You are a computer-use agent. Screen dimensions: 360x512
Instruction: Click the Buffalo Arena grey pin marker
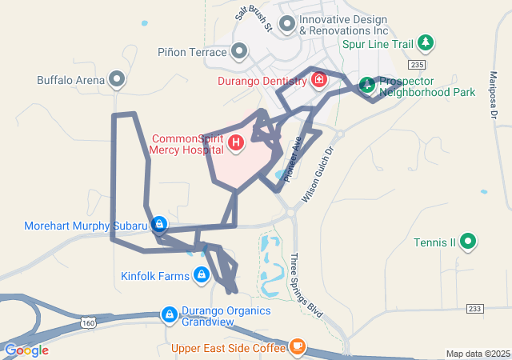tap(118, 78)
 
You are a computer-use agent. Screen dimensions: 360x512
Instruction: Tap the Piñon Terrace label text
tap(192, 52)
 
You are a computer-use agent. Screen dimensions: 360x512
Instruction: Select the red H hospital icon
tap(237, 142)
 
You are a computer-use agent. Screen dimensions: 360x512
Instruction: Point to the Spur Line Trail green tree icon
tap(426, 42)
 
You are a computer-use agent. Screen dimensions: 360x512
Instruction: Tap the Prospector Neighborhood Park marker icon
tap(366, 84)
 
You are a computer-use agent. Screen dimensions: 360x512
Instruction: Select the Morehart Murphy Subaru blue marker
tap(158, 224)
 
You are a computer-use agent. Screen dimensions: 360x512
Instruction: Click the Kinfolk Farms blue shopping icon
tap(201, 276)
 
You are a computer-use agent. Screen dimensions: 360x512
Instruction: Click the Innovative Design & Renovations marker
tap(286, 22)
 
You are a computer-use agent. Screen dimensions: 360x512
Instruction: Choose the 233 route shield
tap(475, 309)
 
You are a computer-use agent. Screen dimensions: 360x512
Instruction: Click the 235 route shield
tap(414, 64)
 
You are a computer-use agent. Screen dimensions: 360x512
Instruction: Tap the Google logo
tap(26, 350)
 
